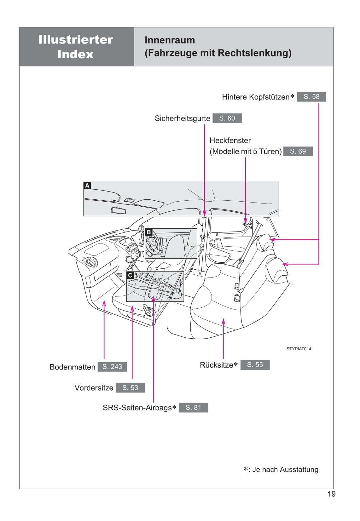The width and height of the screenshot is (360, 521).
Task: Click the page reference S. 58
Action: (311, 97)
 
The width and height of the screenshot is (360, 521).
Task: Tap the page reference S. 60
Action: (227, 118)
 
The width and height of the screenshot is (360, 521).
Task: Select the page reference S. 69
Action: (298, 151)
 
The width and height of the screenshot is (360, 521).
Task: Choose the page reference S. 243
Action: (112, 367)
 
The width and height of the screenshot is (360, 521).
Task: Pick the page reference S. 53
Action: (130, 387)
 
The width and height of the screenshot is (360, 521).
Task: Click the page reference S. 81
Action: (193, 407)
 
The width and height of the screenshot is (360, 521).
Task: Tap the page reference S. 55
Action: (255, 365)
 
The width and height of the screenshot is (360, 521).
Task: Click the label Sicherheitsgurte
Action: (182, 118)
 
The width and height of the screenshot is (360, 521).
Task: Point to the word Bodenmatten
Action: (73, 367)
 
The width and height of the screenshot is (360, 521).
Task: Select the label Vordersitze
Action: (94, 388)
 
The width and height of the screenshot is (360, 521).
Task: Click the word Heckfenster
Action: (230, 140)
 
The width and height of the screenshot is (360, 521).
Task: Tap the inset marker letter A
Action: (87, 186)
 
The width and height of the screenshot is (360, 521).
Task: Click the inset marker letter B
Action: (149, 232)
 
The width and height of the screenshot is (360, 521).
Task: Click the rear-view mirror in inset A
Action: (119, 210)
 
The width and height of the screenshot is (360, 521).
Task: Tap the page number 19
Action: (331, 494)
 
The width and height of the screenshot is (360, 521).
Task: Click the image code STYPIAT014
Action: (299, 349)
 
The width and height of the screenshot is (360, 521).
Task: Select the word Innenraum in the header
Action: (170, 40)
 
